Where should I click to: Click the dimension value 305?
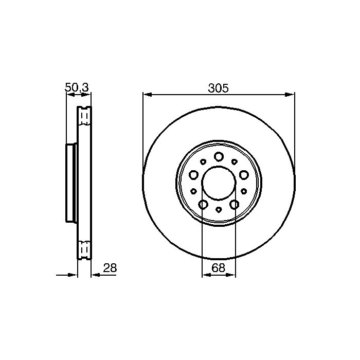(219, 88)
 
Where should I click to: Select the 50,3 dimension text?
(77, 87)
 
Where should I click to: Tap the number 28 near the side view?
(110, 268)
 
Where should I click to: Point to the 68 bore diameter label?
(219, 268)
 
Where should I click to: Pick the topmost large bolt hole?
(219, 156)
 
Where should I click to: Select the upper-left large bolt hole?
(193, 175)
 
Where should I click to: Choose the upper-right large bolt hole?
(244, 175)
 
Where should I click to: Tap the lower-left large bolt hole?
(203, 204)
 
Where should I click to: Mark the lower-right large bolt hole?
(235, 204)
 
